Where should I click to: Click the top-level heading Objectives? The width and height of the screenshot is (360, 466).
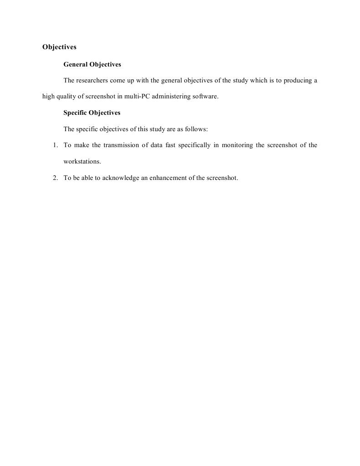59,47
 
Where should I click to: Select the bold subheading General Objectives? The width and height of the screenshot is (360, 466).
92,65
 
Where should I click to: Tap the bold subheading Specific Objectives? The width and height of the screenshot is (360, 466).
92,113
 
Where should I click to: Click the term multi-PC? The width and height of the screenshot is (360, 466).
135,97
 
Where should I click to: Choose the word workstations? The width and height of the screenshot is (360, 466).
82,161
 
